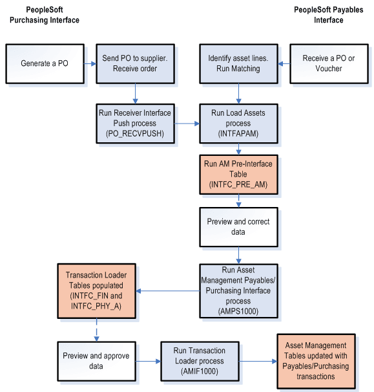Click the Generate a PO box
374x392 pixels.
[x=45, y=63]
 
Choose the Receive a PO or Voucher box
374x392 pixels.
[x=329, y=63]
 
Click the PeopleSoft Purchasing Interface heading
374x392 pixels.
[x=45, y=16]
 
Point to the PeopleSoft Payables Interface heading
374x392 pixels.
[x=329, y=16]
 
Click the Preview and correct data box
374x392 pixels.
[x=238, y=226]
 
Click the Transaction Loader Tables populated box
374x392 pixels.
[x=96, y=290]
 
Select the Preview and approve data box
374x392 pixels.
[x=96, y=360]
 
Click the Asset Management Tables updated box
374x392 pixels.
[x=316, y=360]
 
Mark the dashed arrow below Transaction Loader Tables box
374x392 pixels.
[x=96, y=329]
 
